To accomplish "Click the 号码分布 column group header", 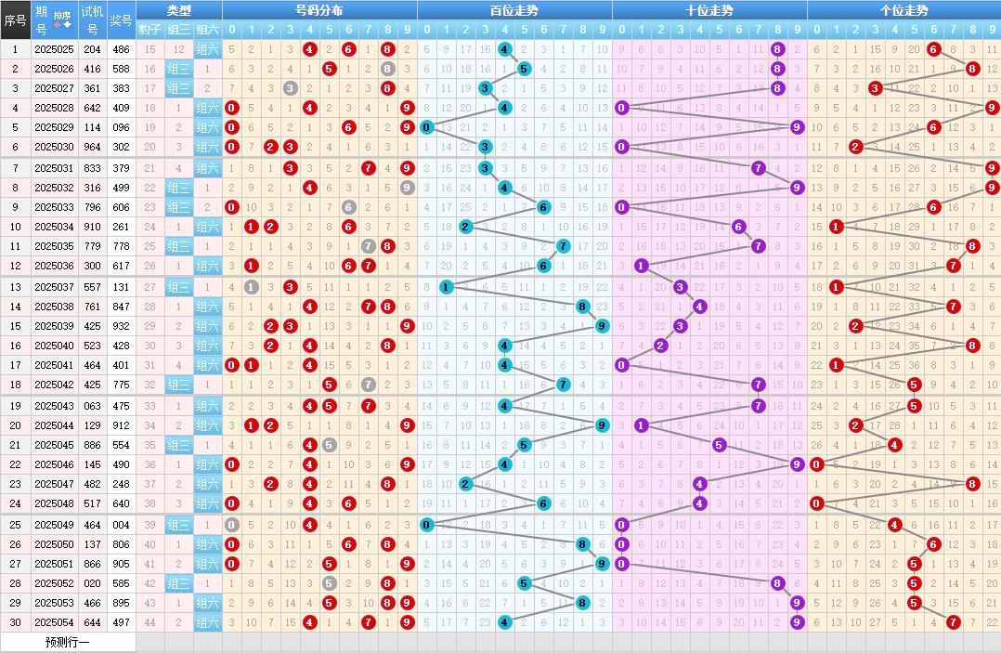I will tap(318, 10).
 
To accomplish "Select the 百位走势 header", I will tap(513, 10).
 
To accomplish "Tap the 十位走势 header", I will tap(708, 10).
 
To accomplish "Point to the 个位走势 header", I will tap(903, 10).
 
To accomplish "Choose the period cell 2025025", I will tap(53, 49).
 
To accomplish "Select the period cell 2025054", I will tap(53, 622).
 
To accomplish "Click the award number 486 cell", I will tap(121, 49).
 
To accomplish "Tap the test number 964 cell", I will tap(92, 147).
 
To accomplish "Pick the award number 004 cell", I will tap(121, 525).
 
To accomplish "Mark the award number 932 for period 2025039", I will tap(121, 326).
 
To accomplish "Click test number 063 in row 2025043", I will tap(92, 406).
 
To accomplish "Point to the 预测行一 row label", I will tap(68, 642).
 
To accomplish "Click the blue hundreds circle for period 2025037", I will tap(446, 287).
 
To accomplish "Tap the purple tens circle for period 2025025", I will tap(778, 49).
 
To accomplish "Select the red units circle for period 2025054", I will tap(954, 622).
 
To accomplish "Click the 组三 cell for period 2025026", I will tap(179, 69).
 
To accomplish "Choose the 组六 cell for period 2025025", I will tap(207, 49).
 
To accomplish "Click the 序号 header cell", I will tap(14, 20).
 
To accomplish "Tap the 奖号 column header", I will tap(121, 20).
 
